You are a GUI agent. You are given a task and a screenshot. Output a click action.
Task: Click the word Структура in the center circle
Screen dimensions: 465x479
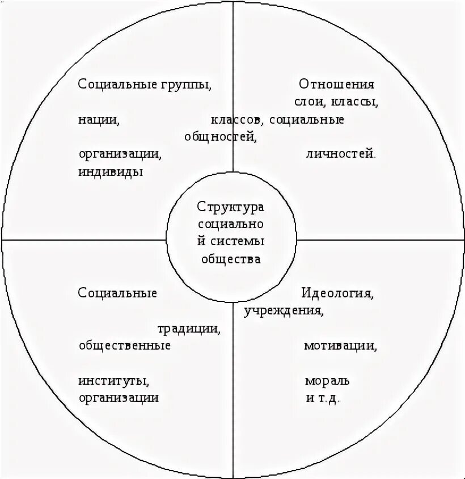coord(231,206)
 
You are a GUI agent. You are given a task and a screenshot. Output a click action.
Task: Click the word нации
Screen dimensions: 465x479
coord(99,120)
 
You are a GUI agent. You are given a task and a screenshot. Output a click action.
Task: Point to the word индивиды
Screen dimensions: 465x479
coord(111,171)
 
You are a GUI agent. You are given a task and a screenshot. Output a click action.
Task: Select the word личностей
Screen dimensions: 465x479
coord(340,154)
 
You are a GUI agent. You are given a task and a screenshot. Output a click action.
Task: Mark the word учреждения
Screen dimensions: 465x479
coord(284,311)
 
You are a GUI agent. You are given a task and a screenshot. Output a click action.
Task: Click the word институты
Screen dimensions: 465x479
coord(114,380)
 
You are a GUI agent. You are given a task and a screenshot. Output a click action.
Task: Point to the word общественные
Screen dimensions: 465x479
coord(125,345)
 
